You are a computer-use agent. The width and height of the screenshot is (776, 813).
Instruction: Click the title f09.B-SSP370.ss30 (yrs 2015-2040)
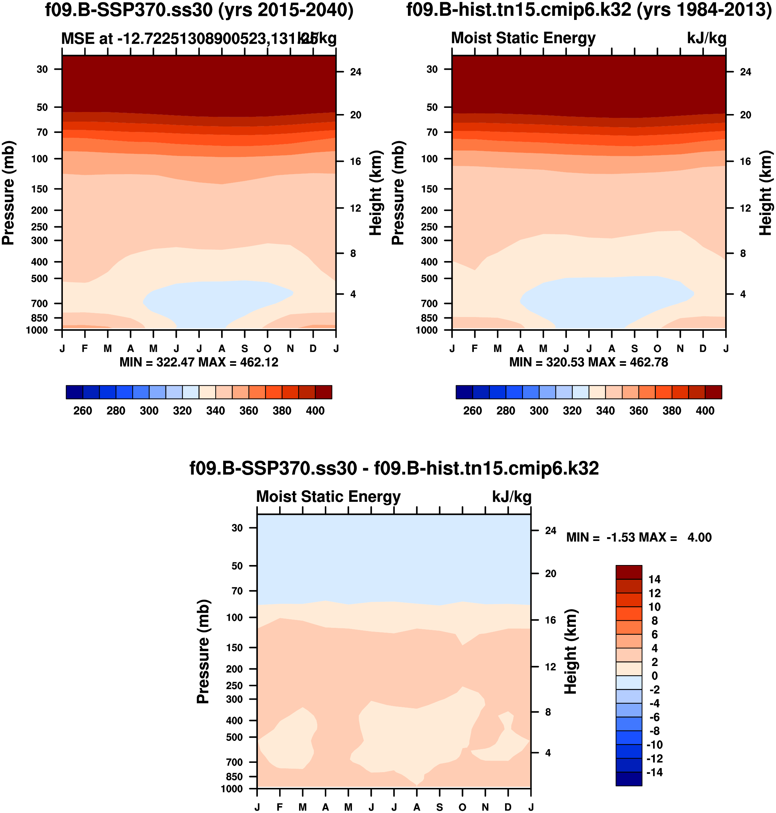[x=199, y=10]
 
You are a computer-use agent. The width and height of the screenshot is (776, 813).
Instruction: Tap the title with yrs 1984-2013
[x=589, y=10]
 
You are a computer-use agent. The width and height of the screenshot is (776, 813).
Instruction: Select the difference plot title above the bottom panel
[x=394, y=469]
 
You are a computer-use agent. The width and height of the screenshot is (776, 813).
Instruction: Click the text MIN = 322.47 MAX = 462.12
[x=199, y=362]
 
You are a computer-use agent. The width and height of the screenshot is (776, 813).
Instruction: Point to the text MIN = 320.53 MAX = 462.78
[x=589, y=362]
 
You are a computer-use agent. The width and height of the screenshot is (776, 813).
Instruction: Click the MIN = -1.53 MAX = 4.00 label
[x=639, y=538]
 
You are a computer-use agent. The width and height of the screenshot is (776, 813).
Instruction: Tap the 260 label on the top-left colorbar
[x=83, y=411]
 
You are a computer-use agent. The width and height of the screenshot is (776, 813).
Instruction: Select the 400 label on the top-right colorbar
[x=705, y=411]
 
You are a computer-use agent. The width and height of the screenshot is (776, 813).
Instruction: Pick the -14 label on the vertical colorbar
[x=654, y=772]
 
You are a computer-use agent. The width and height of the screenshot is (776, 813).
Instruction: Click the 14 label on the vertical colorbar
[x=654, y=579]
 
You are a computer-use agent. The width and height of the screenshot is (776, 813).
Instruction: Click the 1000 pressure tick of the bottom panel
[x=232, y=789]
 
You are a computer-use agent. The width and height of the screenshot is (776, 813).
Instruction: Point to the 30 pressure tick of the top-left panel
[x=42, y=69]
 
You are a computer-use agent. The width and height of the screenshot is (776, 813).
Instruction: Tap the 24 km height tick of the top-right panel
[x=745, y=72]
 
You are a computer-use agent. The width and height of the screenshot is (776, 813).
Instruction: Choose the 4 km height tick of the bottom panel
[x=548, y=753]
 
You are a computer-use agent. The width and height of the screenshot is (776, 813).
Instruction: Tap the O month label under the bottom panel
[x=462, y=807]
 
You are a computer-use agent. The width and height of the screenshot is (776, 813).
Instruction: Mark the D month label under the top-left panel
[x=313, y=349]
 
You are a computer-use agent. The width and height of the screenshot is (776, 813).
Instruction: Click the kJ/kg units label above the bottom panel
[x=511, y=497]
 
